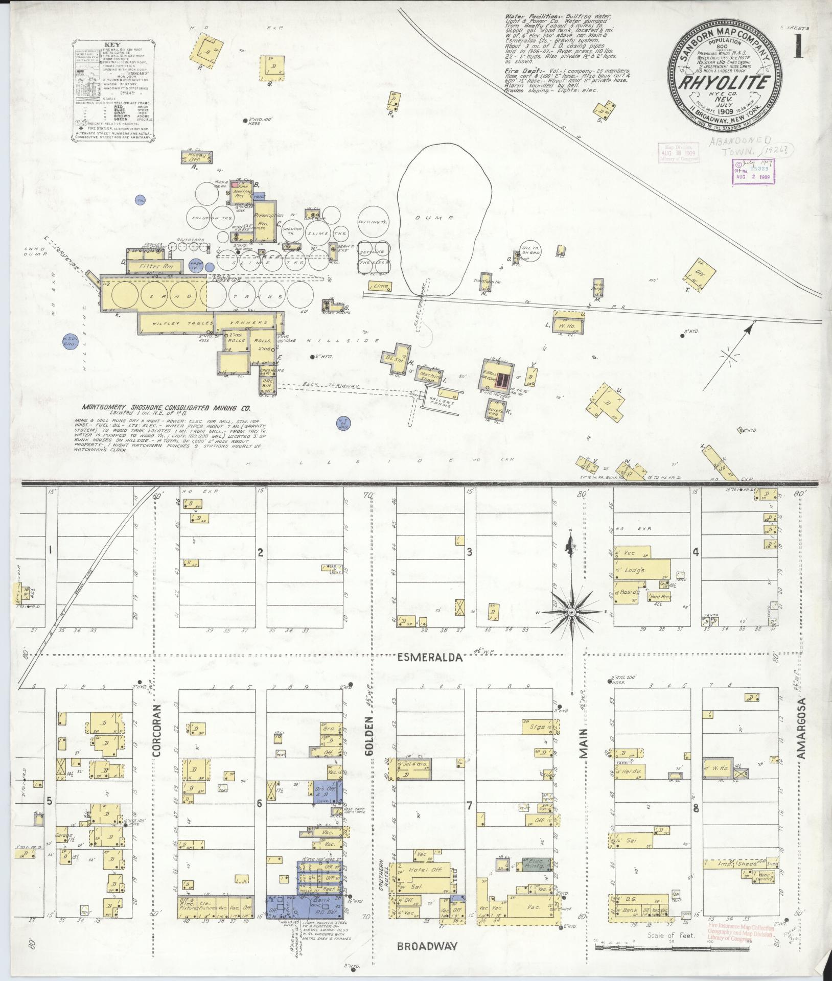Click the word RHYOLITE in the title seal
pyautogui.click(x=725, y=83)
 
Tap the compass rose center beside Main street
pyautogui.click(x=572, y=611)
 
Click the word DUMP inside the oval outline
pyautogui.click(x=442, y=218)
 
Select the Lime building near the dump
pyautogui.click(x=381, y=286)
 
